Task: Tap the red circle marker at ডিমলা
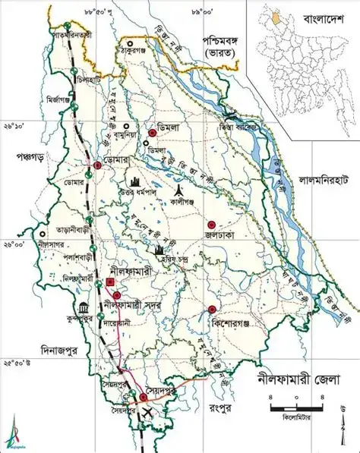click(x=152, y=134)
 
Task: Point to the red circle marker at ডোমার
click(x=97, y=165)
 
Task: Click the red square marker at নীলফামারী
click(x=111, y=282)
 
